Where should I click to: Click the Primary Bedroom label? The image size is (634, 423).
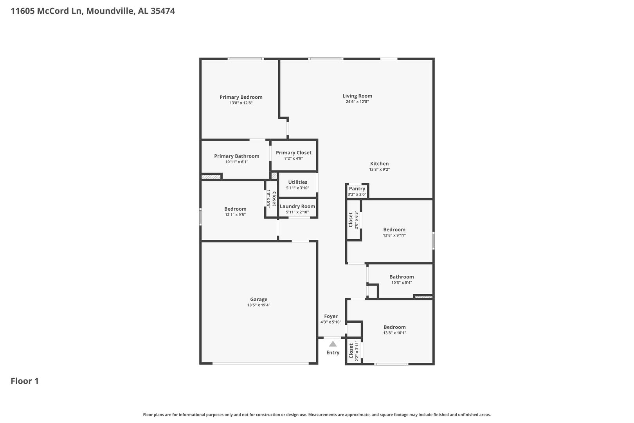tap(241, 97)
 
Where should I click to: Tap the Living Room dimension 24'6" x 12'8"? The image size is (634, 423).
tap(357, 102)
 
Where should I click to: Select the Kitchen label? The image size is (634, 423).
tap(379, 164)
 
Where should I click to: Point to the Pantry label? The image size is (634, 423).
tap(357, 189)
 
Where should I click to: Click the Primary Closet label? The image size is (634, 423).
tap(294, 153)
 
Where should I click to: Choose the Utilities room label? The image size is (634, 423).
tap(297, 182)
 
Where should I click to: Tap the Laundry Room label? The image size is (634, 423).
tap(297, 206)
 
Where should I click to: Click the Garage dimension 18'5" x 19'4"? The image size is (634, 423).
tap(259, 305)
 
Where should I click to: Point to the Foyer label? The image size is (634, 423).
tap(331, 316)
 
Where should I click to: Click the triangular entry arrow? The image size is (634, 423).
tap(333, 344)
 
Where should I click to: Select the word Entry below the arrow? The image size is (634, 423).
tap(333, 353)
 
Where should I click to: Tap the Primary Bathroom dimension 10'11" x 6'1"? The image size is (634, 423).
tap(237, 162)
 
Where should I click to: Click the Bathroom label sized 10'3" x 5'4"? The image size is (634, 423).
tap(402, 277)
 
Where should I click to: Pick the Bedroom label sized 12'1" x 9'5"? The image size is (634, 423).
tap(235, 209)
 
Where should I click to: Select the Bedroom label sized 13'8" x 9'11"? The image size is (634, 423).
tap(394, 230)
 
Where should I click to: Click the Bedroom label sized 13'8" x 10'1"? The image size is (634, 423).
tap(394, 327)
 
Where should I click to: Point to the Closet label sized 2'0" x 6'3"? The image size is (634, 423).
tap(351, 220)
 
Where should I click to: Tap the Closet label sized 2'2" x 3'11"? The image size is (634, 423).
tap(351, 351)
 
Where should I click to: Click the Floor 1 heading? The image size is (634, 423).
tap(25, 381)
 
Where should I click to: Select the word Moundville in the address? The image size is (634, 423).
tap(110, 11)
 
